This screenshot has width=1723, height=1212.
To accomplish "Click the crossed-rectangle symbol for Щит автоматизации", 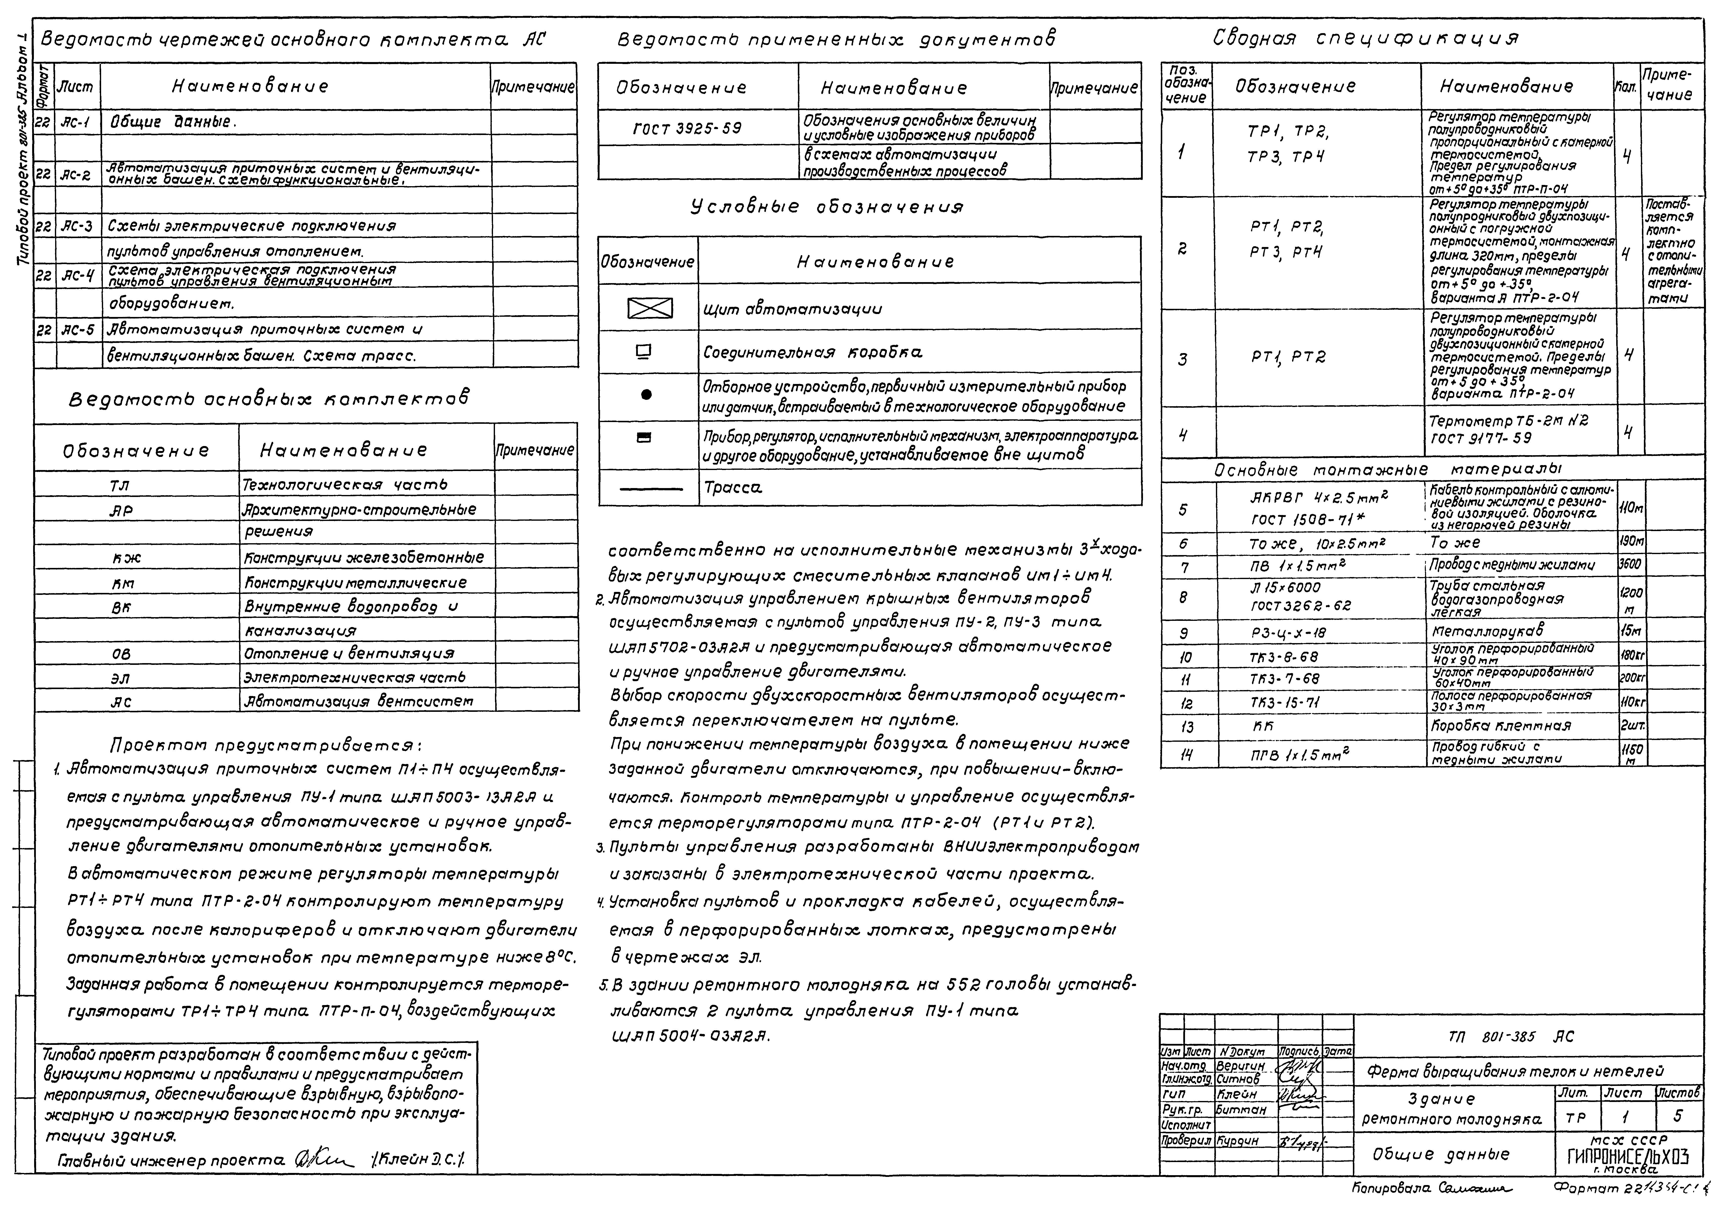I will pyautogui.click(x=650, y=309).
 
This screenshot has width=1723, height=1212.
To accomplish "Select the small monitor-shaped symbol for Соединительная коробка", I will pyautogui.click(x=644, y=350).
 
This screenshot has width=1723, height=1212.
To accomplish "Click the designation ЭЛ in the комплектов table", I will pyautogui.click(x=120, y=678).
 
